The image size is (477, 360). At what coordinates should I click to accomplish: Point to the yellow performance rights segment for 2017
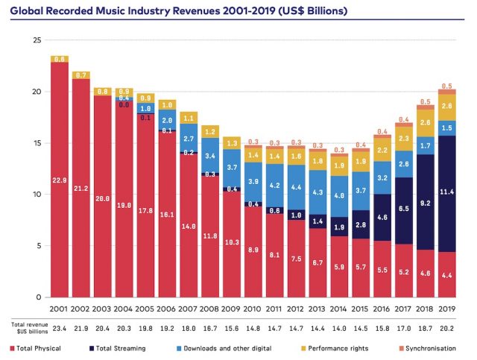[405, 138]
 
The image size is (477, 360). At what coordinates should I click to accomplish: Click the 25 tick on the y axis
[36, 40]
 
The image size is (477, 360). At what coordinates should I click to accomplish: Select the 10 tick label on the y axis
[36, 195]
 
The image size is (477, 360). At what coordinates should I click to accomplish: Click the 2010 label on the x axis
[253, 309]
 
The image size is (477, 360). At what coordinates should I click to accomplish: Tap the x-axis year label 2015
[361, 309]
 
